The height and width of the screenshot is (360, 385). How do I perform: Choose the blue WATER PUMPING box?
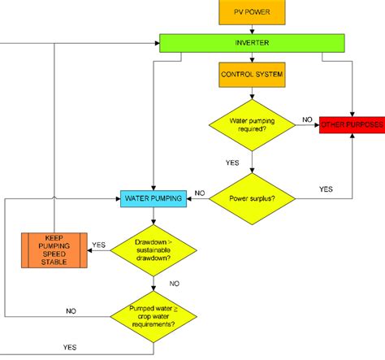(154, 197)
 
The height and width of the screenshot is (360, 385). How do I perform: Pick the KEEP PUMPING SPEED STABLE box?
(54, 249)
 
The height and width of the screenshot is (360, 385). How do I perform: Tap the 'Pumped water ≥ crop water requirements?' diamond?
(154, 313)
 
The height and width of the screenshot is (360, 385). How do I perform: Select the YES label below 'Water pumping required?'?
(232, 163)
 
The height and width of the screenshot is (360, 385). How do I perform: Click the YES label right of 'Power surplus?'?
(326, 189)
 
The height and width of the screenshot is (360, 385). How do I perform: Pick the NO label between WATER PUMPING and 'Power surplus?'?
(199, 194)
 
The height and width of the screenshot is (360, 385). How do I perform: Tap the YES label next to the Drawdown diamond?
(99, 244)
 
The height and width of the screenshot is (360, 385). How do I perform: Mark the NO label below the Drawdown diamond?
(174, 284)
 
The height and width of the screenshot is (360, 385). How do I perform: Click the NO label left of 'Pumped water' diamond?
(71, 310)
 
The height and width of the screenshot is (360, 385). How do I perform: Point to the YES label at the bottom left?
(71, 348)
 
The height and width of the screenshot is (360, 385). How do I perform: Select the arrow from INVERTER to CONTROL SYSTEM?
(252, 57)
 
